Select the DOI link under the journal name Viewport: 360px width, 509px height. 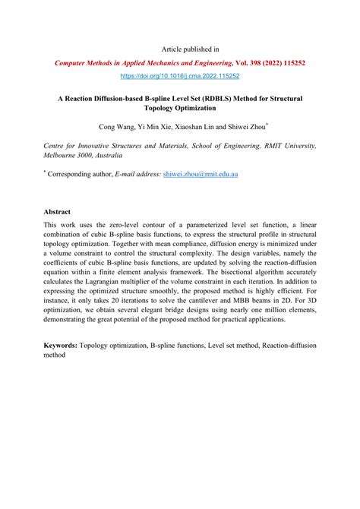click(180, 77)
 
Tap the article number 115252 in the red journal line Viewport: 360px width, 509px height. click(290, 64)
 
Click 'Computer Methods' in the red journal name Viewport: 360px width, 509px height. click(86, 64)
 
